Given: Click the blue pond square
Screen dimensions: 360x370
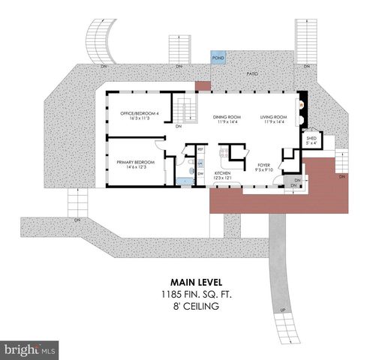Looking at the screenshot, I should (x=218, y=58).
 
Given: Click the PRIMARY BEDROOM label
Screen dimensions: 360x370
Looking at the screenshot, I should (x=135, y=162).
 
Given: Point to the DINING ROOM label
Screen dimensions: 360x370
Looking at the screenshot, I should (x=226, y=116).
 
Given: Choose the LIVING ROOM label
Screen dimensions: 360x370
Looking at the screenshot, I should (x=275, y=116).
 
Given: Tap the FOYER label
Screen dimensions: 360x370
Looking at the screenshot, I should (x=263, y=164).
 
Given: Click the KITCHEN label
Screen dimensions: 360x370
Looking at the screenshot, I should (x=223, y=172).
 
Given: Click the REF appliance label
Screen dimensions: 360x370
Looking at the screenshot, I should (x=200, y=149).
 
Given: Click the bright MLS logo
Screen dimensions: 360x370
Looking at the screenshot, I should (x=29, y=349).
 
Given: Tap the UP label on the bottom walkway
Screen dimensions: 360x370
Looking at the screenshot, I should (x=281, y=310).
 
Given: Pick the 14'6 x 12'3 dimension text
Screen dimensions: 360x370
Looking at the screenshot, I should (x=135, y=167).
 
